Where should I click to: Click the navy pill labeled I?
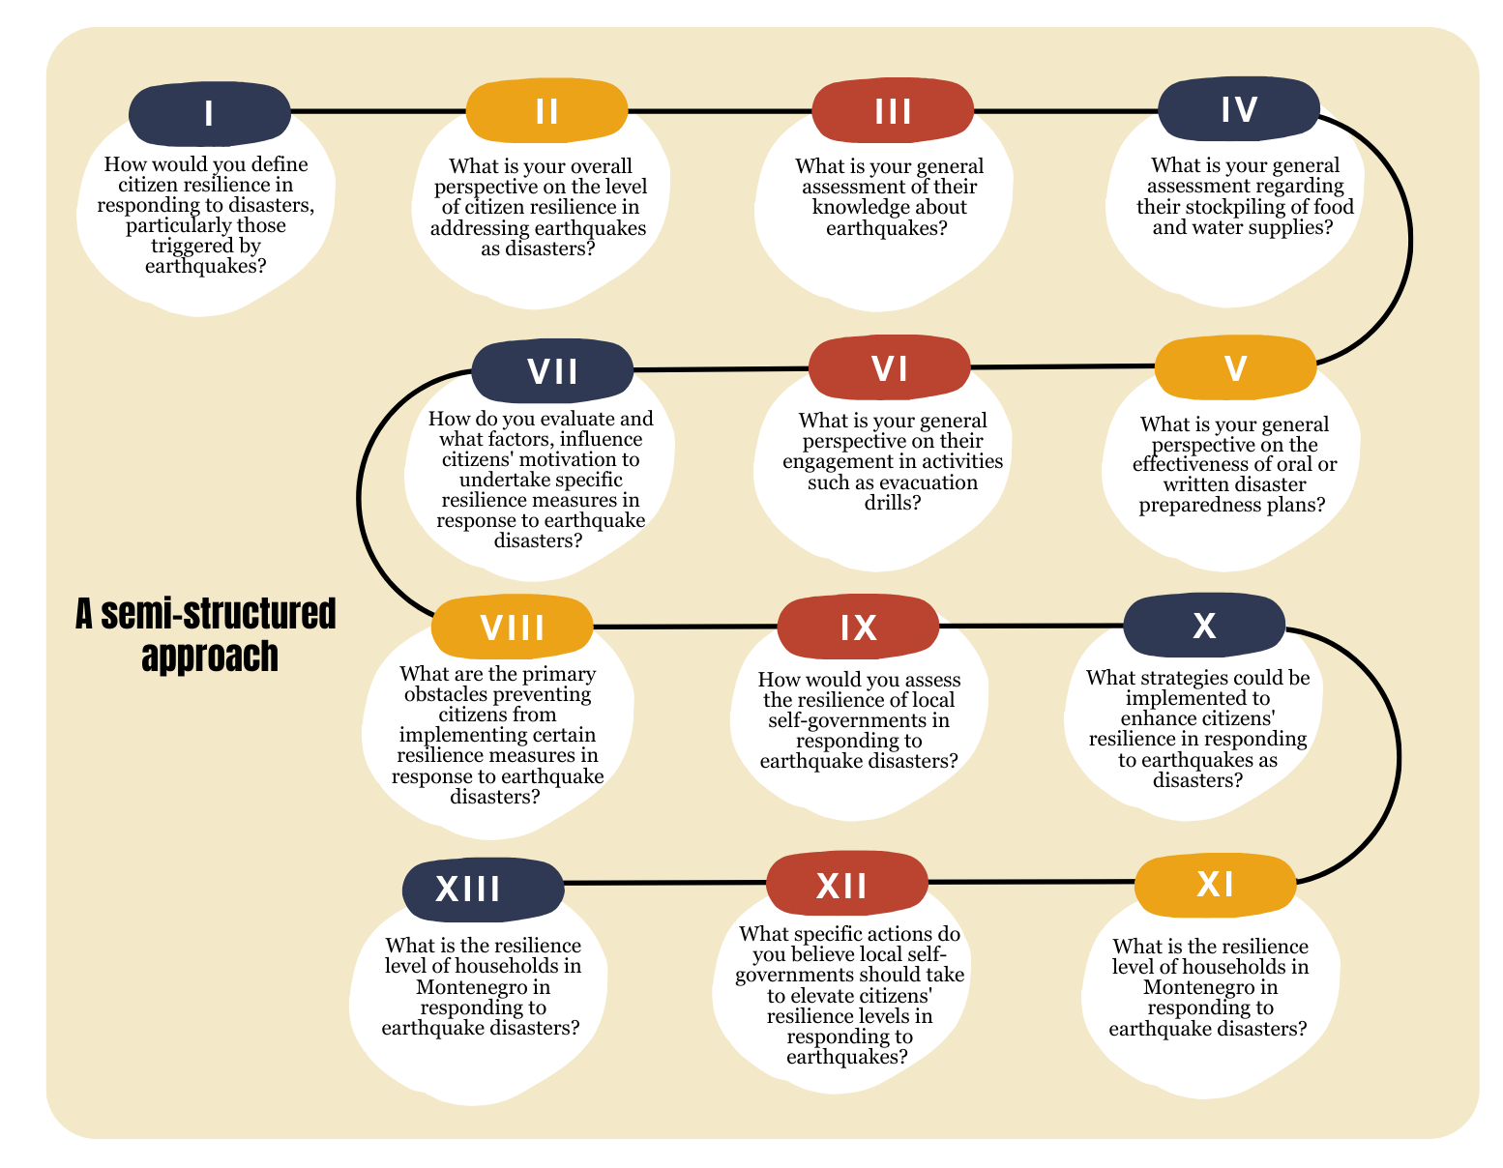point(210,114)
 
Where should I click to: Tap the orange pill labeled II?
point(546,110)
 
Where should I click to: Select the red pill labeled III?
point(893,110)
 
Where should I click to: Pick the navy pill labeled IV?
point(1238,108)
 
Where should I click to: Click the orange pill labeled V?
point(1235,367)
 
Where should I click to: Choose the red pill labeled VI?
point(890,367)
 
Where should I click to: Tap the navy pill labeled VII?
point(552,370)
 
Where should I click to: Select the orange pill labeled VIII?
point(512,627)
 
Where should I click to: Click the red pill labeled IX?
point(858,627)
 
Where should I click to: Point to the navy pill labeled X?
point(1204,625)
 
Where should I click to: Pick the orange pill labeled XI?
point(1216,885)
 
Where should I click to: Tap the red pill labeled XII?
point(847,885)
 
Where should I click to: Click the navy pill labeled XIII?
point(483,889)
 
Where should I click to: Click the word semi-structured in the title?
point(218,614)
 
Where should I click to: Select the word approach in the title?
point(210,657)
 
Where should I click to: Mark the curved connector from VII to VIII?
point(358,498)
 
